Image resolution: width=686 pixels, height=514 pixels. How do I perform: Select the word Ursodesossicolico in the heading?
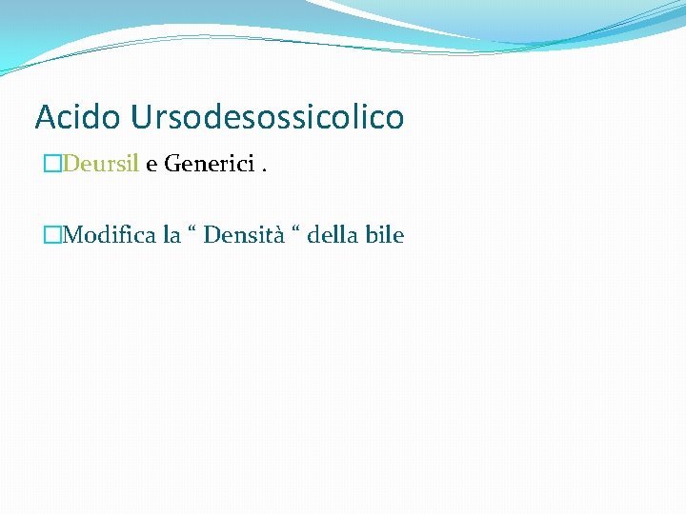point(268,117)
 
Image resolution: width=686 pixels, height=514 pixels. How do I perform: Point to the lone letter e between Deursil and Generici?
point(151,165)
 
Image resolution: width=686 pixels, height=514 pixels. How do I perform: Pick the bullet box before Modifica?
point(52,234)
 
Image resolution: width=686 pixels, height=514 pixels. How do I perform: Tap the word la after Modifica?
point(172,234)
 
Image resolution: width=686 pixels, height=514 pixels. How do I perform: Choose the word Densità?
point(244,234)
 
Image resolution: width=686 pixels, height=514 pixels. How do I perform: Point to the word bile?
point(385,234)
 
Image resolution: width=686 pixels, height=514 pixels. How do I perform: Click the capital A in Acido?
point(45,117)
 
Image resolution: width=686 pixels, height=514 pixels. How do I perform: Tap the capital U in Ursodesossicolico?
point(141,117)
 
